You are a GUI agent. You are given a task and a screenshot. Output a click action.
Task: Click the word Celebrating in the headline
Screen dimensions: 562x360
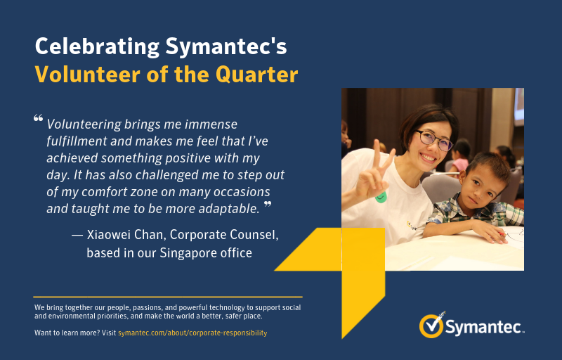(x=97, y=47)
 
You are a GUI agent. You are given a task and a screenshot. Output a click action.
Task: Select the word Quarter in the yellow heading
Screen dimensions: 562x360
(x=256, y=75)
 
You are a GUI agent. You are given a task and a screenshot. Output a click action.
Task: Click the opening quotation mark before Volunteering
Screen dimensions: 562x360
(x=39, y=118)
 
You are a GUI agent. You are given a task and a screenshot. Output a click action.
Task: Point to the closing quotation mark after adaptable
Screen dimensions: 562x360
(x=268, y=205)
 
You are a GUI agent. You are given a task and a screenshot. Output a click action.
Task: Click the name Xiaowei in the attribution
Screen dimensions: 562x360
(x=108, y=235)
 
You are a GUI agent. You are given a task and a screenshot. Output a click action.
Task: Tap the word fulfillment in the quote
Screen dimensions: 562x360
(x=77, y=141)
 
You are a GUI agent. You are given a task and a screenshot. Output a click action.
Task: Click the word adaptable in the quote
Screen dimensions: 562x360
(x=229, y=209)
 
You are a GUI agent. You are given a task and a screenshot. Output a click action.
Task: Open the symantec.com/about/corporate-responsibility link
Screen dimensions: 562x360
(x=192, y=333)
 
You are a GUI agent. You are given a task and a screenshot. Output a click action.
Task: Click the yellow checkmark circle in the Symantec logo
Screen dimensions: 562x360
(x=431, y=326)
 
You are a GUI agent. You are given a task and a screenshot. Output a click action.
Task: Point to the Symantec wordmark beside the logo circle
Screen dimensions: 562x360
(x=483, y=327)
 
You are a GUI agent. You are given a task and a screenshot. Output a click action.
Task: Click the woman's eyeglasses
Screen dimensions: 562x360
(x=434, y=140)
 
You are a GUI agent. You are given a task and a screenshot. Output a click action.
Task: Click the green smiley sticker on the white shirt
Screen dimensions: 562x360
(x=381, y=197)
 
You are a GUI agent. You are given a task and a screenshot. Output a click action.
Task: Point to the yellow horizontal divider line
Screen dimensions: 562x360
(x=168, y=297)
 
